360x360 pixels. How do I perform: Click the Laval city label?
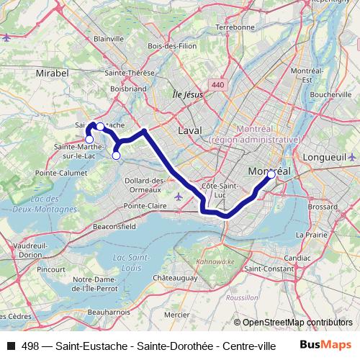[x=189, y=130]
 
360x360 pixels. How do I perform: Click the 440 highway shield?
[x=218, y=85]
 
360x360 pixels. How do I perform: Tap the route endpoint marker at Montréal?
[x=271, y=174]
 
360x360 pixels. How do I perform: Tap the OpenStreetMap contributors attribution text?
[x=297, y=322]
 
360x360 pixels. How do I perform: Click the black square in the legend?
[x=10, y=346]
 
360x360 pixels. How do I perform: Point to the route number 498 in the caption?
[x=31, y=346]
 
